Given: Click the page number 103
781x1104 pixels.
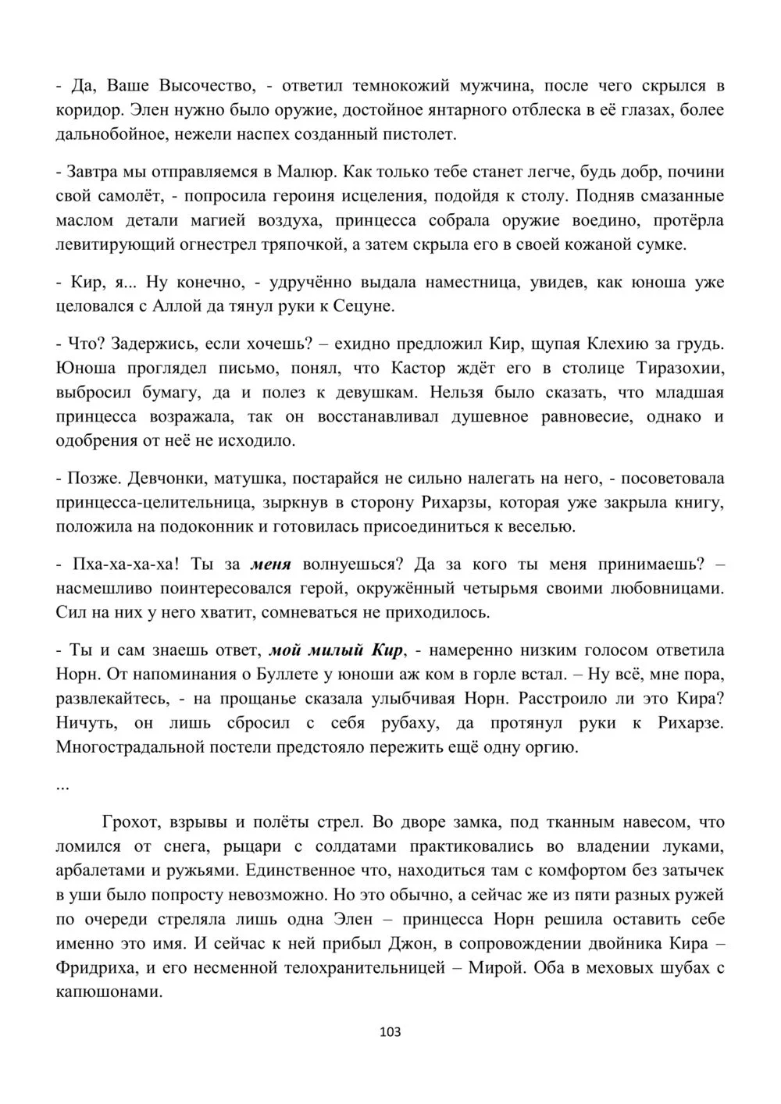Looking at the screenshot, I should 389,1032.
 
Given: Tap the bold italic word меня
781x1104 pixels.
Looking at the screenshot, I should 272,564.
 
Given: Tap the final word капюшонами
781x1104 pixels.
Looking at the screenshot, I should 108,992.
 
